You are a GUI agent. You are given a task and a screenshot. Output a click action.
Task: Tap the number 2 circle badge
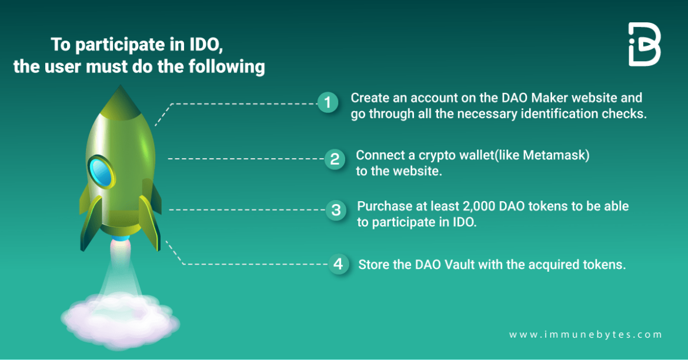coord(335,159)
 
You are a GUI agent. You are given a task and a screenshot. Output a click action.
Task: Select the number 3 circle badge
coord(336,210)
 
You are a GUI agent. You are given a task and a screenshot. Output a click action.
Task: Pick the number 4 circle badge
coord(338,264)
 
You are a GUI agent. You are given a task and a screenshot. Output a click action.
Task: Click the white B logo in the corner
coord(644,45)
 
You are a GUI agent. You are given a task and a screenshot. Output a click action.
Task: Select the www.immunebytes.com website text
coord(586,334)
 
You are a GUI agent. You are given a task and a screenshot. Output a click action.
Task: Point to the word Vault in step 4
coord(459,265)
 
